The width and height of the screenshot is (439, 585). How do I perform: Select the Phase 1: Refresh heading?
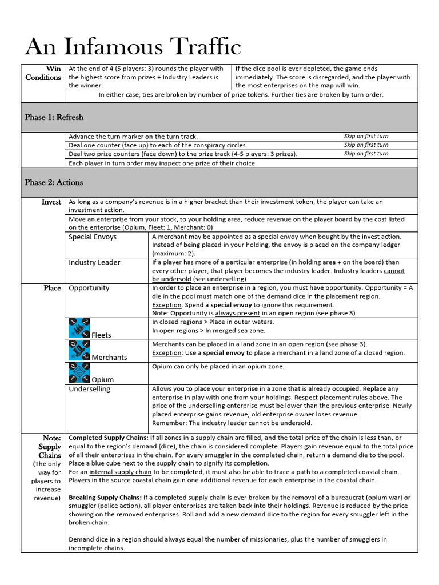[x=54, y=117]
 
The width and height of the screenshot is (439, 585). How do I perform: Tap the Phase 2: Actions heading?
[x=54, y=182]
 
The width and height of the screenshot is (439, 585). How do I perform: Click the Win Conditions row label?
[x=43, y=73]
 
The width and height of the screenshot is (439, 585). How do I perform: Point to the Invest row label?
[x=51, y=202]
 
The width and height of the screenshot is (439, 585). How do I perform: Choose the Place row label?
[x=52, y=288]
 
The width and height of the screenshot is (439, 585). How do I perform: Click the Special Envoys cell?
[x=93, y=237]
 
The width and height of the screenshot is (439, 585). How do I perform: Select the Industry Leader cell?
[x=94, y=262]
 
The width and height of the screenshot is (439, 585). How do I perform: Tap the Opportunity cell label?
[x=89, y=288]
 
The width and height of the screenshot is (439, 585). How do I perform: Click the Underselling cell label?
[x=90, y=389]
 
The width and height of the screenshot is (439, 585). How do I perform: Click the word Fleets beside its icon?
[x=101, y=335]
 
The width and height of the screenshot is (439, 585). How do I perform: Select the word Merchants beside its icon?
[x=110, y=357]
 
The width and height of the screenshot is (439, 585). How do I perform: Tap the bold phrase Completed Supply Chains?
[x=105, y=438]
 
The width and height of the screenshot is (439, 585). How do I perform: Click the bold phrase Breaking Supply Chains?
[x=105, y=498]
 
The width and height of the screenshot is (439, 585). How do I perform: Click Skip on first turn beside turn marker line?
[x=366, y=137]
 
